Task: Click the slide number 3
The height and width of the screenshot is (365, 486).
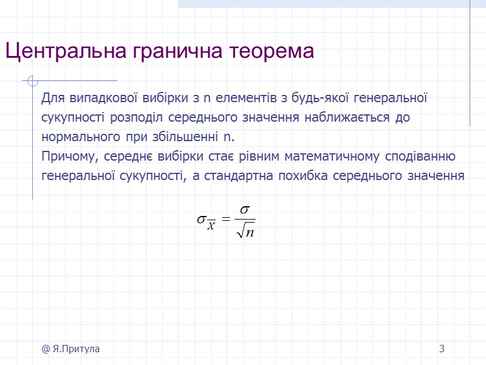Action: pyautogui.click(x=442, y=349)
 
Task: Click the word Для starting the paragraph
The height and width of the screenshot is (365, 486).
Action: pyautogui.click(x=52, y=98)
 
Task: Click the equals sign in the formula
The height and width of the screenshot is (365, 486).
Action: pyautogui.click(x=225, y=220)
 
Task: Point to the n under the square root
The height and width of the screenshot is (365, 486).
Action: pyautogui.click(x=249, y=232)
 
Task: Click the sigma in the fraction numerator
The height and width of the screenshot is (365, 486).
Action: pyautogui.click(x=245, y=209)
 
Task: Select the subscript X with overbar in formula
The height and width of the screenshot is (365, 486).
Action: pyautogui.click(x=211, y=225)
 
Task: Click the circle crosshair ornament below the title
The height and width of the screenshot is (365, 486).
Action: pyautogui.click(x=33, y=80)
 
